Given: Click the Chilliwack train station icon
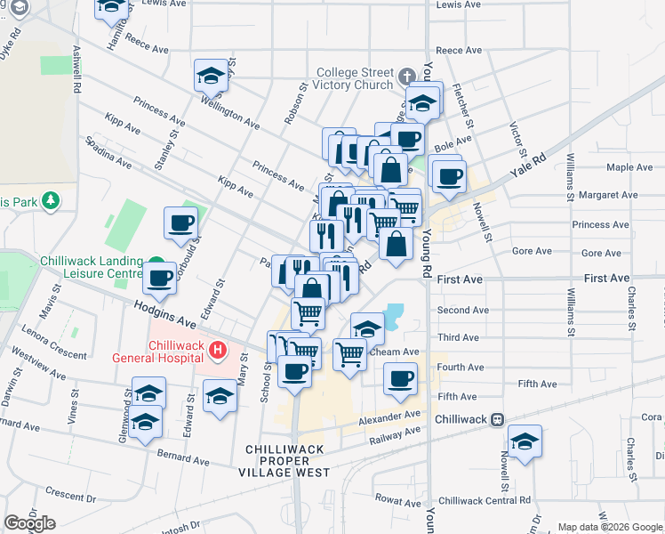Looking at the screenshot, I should [499, 418].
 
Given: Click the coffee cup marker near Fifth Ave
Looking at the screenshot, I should [400, 377].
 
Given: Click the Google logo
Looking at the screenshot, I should [29, 522].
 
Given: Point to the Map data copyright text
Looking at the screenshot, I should [610, 527].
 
